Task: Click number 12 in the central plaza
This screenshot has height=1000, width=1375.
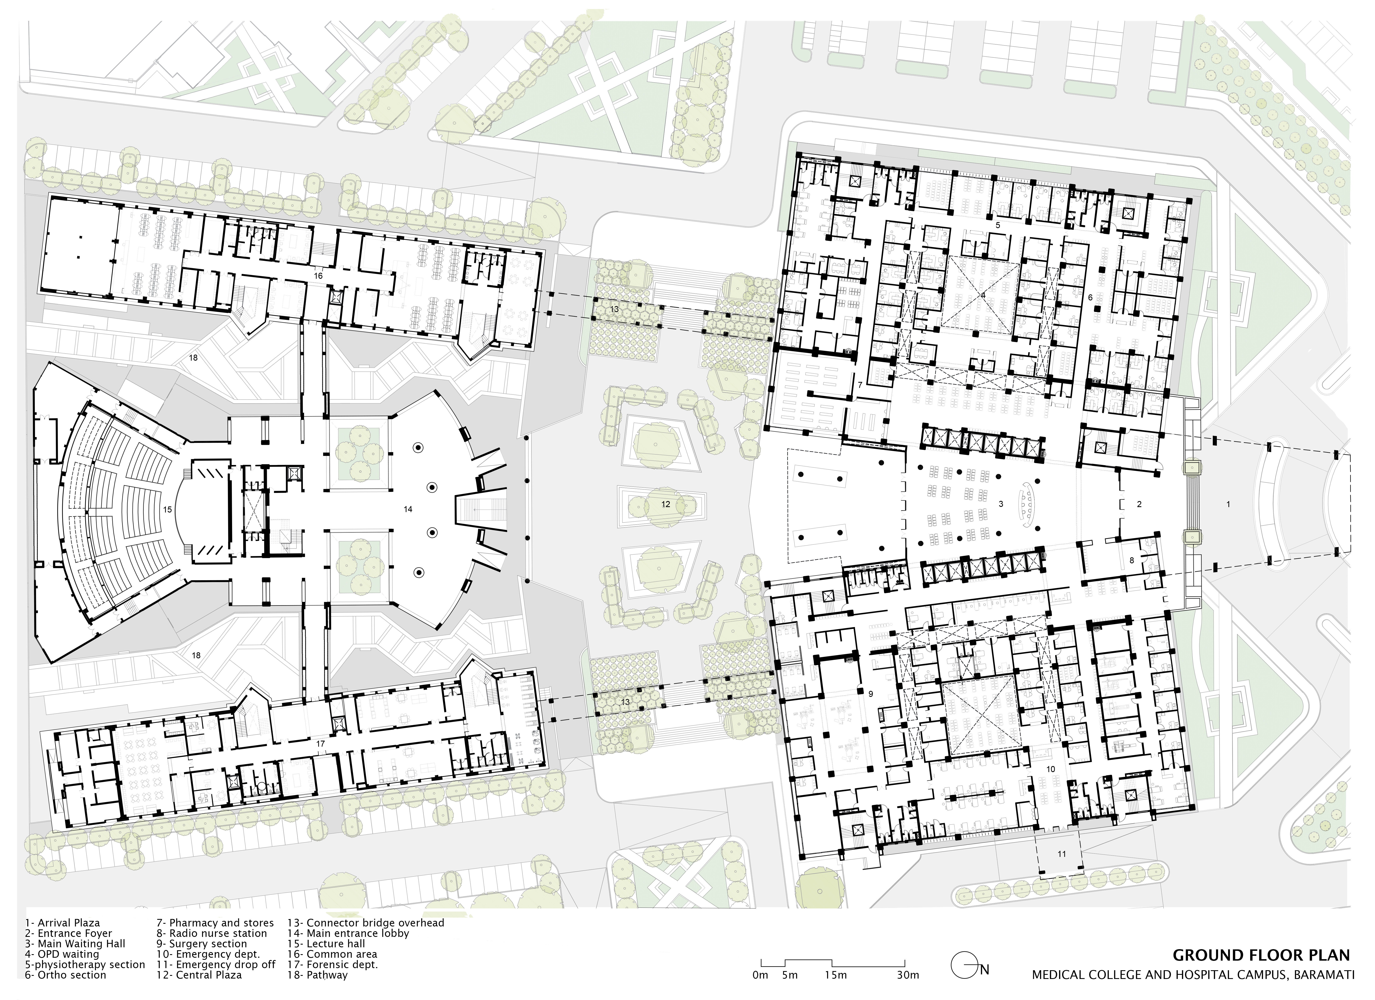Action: (666, 504)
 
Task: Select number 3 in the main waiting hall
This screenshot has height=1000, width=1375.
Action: (1001, 504)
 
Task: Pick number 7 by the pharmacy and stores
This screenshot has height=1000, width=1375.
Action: (860, 385)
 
